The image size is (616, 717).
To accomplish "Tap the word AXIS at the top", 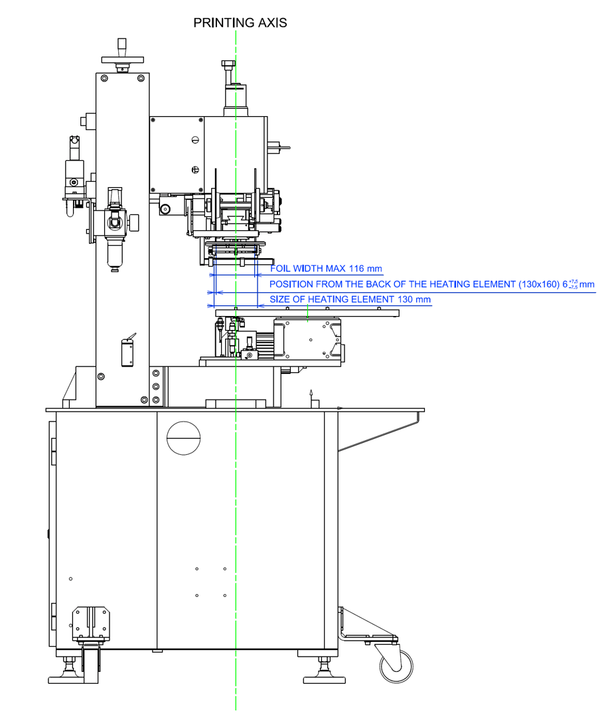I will click(x=271, y=23).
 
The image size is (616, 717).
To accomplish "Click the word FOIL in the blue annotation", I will click(x=281, y=269).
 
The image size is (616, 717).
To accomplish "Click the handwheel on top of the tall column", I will click(x=123, y=59).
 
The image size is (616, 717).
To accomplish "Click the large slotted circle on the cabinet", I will click(x=183, y=438).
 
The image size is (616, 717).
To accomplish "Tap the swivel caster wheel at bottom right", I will click(x=396, y=665).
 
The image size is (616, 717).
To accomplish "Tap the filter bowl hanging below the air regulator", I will click(x=115, y=252).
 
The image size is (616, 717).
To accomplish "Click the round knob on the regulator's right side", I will click(x=135, y=220).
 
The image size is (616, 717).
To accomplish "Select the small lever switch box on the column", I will click(x=126, y=352).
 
